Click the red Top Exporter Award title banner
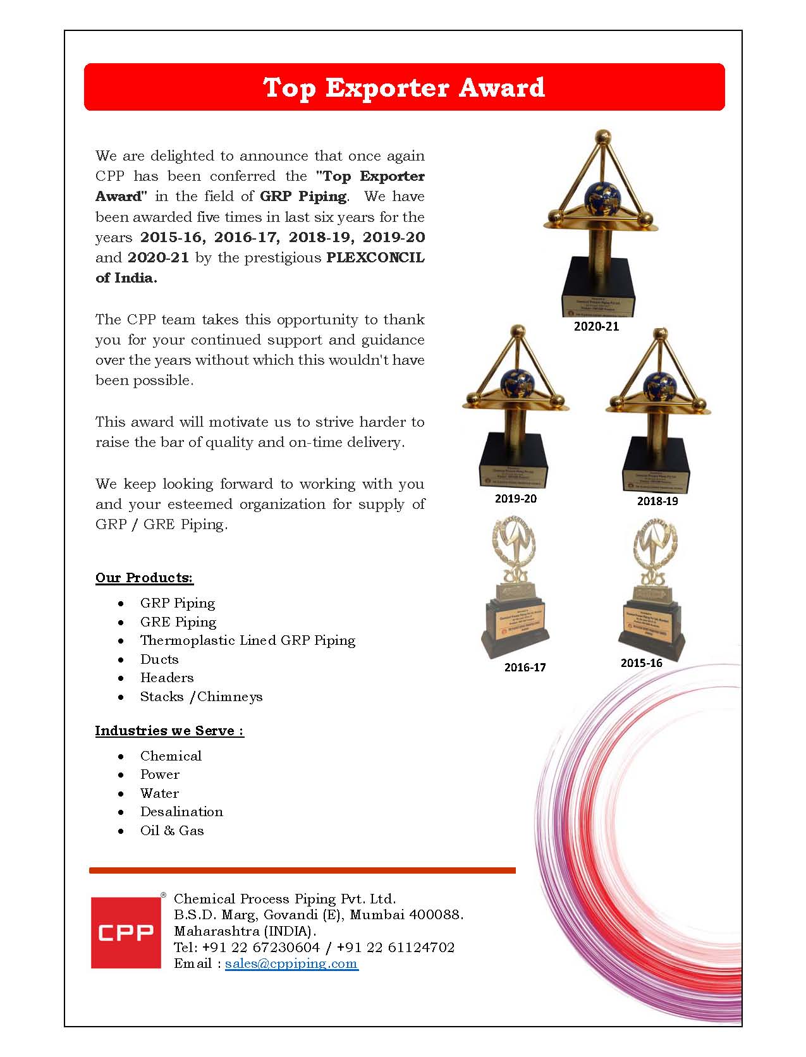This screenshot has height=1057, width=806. click(x=404, y=87)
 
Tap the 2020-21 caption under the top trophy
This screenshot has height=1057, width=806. click(x=596, y=326)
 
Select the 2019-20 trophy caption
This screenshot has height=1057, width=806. click(x=515, y=498)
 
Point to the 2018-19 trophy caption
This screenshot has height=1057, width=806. click(x=657, y=501)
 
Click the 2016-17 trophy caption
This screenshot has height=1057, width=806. click(x=525, y=667)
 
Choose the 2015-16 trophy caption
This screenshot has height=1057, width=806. click(x=641, y=663)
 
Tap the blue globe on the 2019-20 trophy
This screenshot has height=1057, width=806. click(x=517, y=382)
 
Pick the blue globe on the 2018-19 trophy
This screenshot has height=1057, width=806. click(x=659, y=385)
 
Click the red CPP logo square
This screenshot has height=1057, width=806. click(x=126, y=932)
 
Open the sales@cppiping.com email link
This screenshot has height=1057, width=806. click(x=291, y=963)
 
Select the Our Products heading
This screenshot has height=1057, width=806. click(x=144, y=578)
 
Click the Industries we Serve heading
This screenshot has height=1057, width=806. click(x=169, y=731)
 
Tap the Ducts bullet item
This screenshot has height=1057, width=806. click(x=159, y=659)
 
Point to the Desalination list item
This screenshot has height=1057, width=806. click(x=181, y=812)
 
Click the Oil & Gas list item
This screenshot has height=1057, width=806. click(x=172, y=831)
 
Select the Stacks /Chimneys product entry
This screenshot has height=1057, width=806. click(x=201, y=697)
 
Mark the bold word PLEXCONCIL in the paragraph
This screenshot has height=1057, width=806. click(x=375, y=258)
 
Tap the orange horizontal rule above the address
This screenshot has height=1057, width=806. click(x=302, y=871)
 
